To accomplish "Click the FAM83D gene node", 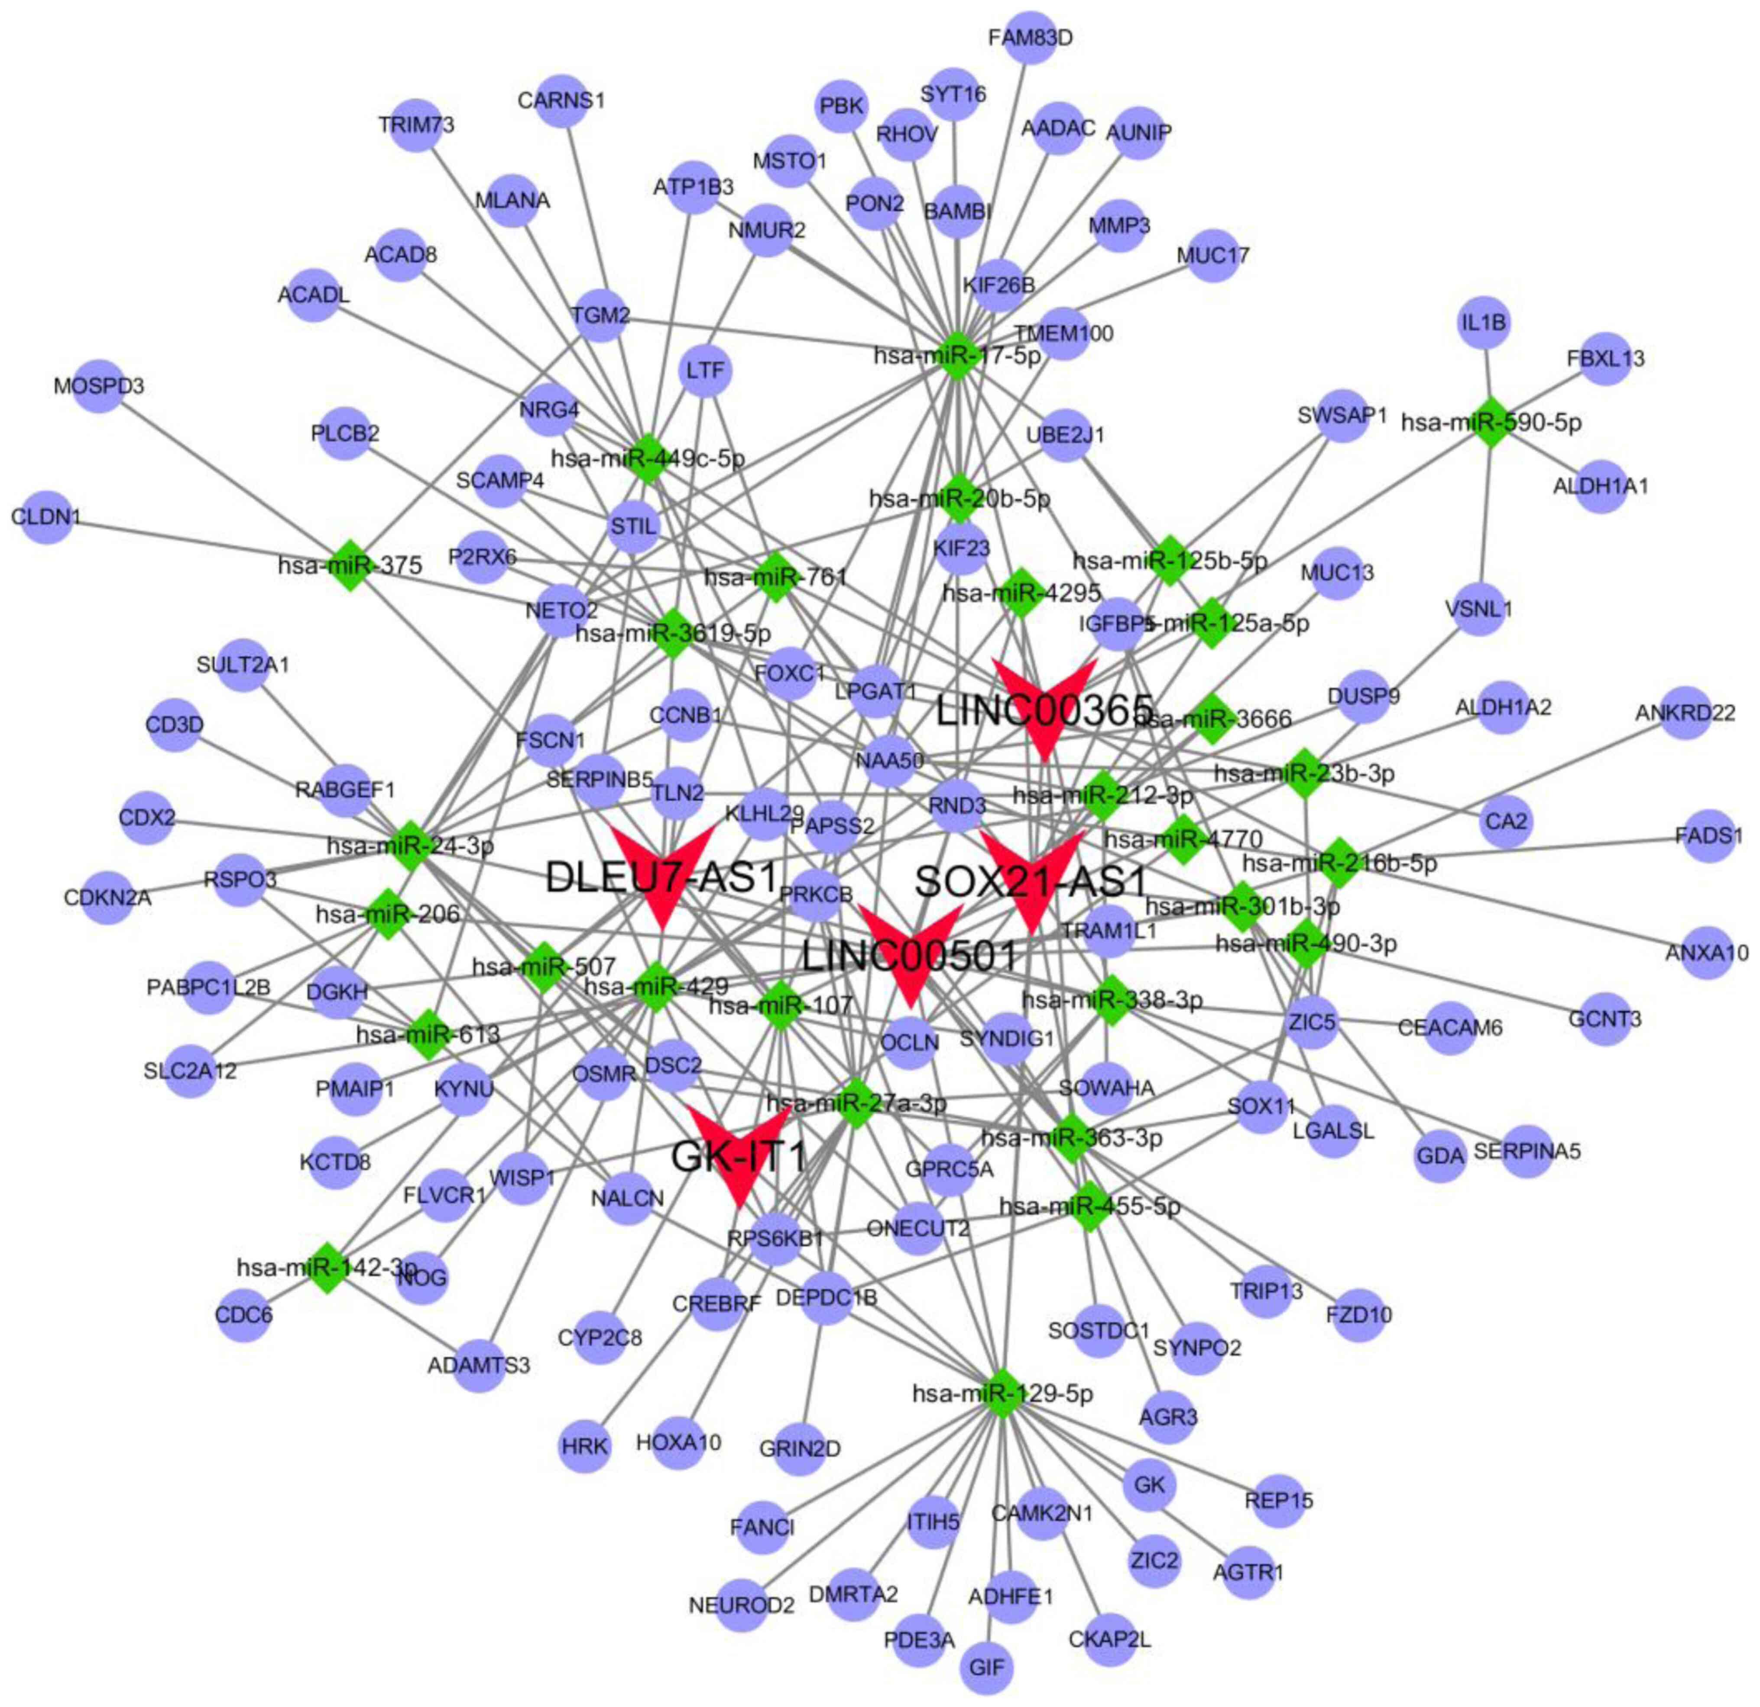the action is (x=1030, y=38).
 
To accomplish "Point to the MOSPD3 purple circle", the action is (x=98, y=386).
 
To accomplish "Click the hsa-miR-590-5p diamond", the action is (x=1491, y=422).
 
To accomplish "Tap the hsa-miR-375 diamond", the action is (x=350, y=566).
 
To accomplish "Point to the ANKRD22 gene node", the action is (x=1685, y=714).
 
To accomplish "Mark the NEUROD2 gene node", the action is (x=742, y=1604).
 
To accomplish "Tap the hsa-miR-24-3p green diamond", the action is (x=410, y=845).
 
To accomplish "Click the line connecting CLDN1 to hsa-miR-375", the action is (x=198, y=542).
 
